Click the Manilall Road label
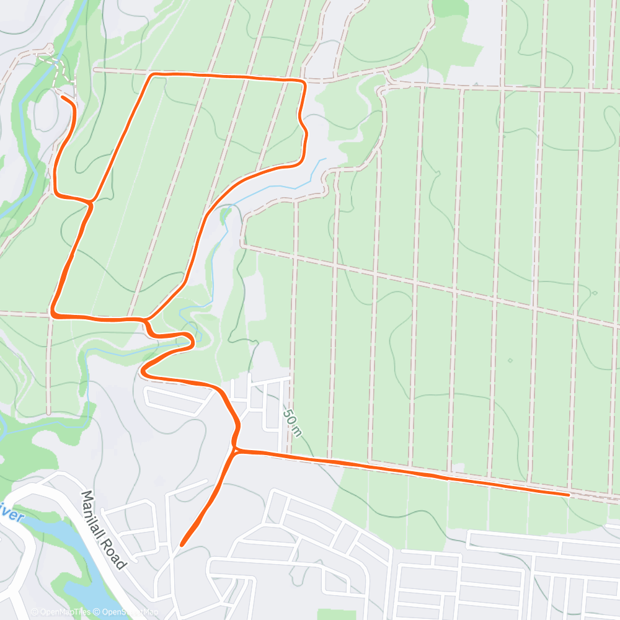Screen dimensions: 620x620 click(104, 530)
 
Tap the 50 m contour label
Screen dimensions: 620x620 click(292, 422)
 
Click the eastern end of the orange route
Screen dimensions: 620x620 click(568, 494)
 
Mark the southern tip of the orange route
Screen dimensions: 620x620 click(182, 545)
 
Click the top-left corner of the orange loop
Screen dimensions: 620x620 click(152, 75)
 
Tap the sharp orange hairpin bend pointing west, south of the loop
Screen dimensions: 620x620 click(143, 372)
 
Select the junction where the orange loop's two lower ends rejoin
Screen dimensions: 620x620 click(146, 320)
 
